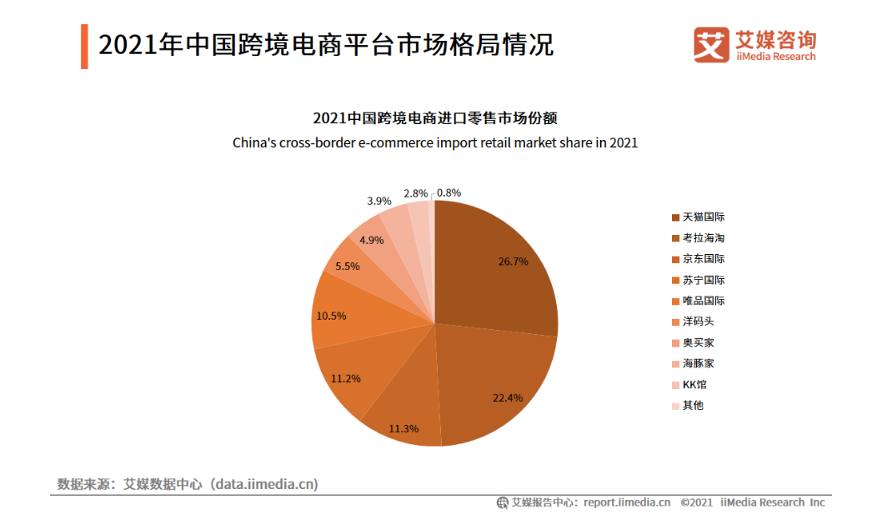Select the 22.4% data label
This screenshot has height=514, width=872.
point(508,397)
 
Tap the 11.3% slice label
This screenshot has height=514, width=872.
point(403,429)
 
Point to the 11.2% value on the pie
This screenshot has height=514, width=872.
point(345,378)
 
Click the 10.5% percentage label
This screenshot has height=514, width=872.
point(332,316)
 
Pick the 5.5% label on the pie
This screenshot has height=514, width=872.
point(348,267)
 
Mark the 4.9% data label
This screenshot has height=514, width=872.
point(371,240)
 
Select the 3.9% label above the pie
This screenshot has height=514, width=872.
point(378,201)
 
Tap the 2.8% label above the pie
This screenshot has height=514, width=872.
point(416,193)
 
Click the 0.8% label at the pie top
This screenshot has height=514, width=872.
point(449,192)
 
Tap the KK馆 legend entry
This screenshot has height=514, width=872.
point(694,384)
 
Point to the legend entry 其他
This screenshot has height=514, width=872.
point(693,405)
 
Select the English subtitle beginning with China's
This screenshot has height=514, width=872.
point(434,142)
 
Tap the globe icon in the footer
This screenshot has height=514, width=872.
point(502,502)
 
